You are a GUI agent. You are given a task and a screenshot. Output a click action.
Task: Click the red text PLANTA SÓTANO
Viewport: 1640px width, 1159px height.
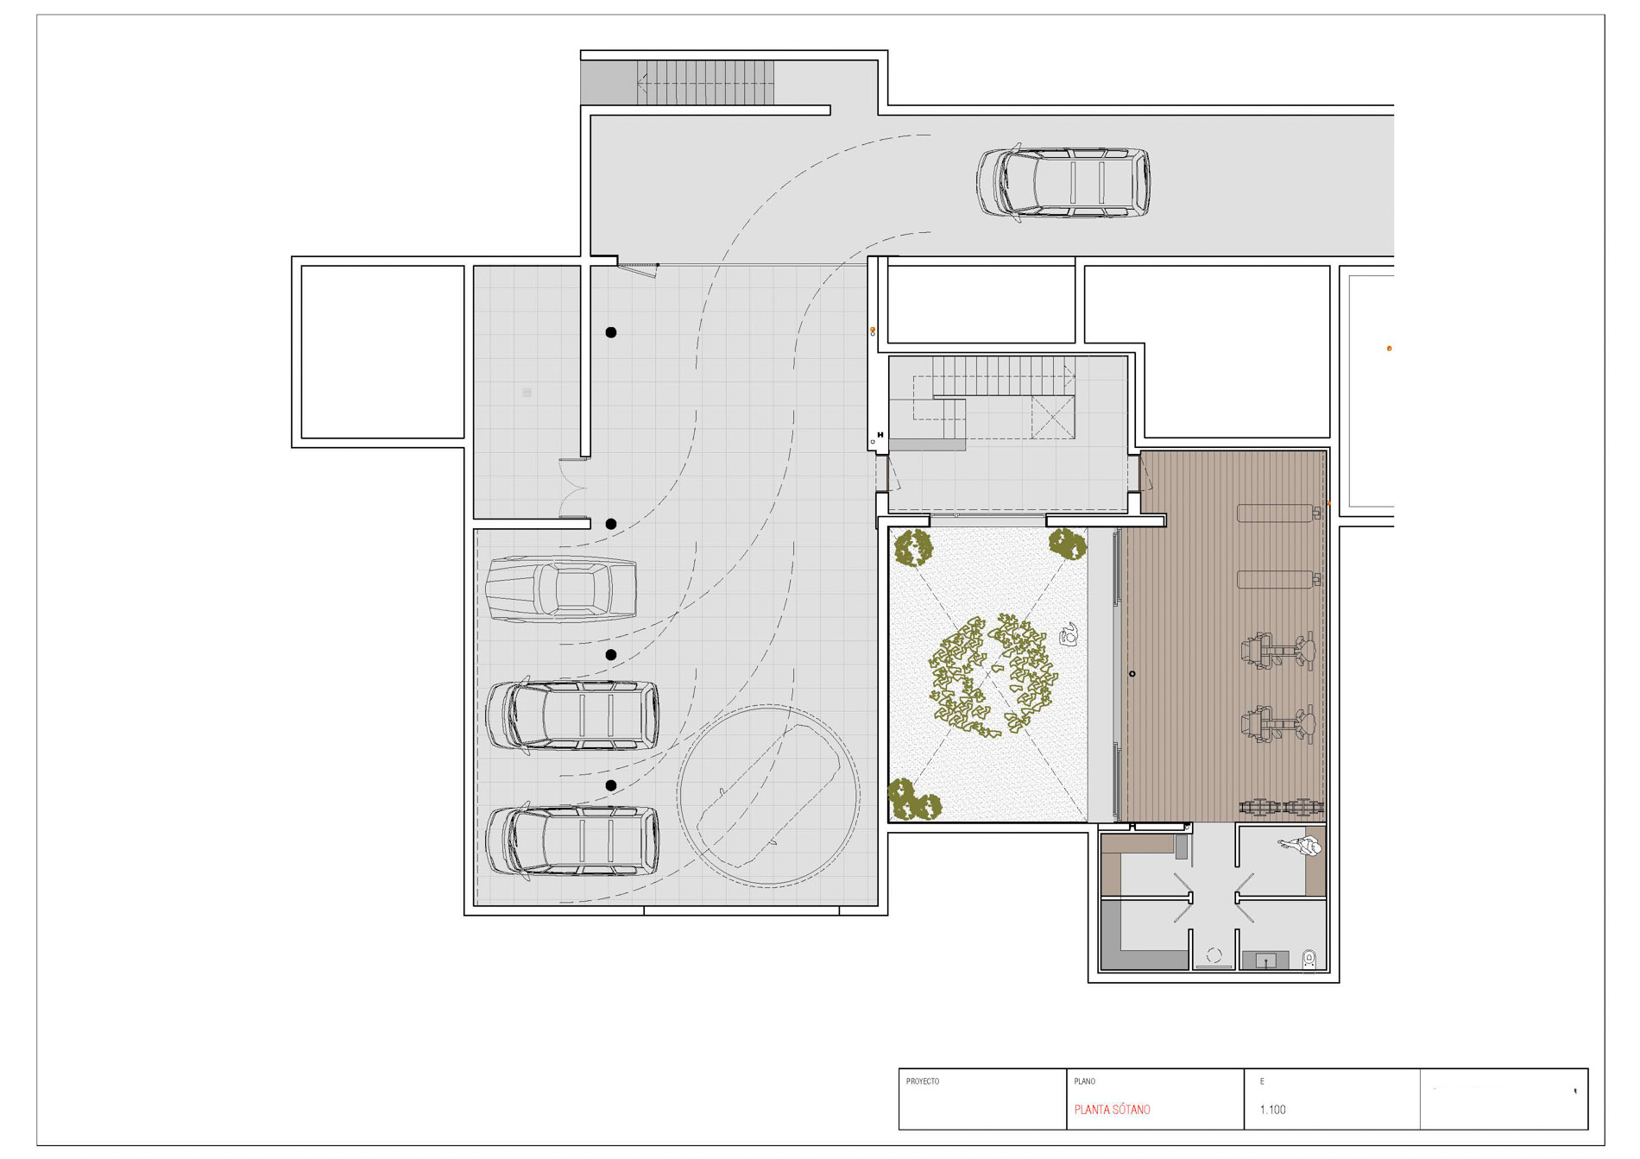coord(1112,1110)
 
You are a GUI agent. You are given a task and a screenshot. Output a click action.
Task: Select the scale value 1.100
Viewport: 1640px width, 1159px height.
coord(1272,1110)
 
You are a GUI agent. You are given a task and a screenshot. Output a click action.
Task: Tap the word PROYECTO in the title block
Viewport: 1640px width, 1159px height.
coord(923,1081)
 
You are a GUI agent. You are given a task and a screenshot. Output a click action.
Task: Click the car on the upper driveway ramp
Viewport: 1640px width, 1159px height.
coord(1063,182)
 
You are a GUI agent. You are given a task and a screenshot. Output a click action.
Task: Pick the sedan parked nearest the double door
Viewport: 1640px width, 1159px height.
coord(561,589)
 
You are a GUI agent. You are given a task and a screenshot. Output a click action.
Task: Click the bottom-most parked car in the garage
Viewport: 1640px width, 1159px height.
coord(572,841)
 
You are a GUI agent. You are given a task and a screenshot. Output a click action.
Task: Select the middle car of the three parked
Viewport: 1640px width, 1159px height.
coord(572,715)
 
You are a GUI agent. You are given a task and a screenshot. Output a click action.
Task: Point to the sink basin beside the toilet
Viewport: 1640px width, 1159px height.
coord(1265,960)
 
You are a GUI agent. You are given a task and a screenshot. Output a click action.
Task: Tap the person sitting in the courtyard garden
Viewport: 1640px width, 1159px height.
coord(1069,635)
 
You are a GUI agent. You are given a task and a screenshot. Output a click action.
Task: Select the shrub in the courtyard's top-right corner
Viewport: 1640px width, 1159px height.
coord(1067,545)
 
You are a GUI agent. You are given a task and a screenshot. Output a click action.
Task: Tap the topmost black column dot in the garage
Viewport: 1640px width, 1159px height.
coord(611,332)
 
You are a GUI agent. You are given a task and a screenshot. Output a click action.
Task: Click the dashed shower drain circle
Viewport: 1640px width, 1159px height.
coord(1214,955)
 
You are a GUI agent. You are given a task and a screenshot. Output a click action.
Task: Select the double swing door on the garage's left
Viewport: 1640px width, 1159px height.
coord(573,488)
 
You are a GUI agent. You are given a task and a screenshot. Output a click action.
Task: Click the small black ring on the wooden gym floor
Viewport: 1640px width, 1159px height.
coord(1132,674)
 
